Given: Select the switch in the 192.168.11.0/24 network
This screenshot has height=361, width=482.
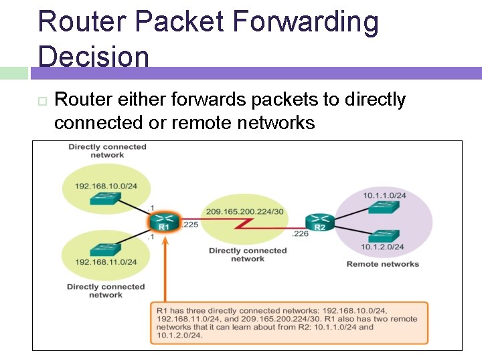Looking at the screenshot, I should (105, 249).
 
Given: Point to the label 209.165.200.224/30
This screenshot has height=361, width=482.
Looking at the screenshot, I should (246, 211).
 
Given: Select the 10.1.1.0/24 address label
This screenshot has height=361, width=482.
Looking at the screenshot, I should (384, 196).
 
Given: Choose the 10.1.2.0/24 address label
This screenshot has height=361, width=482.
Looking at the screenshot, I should (384, 247).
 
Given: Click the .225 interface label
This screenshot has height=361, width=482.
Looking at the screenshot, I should (189, 225).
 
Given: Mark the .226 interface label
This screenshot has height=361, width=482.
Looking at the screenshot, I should (300, 234).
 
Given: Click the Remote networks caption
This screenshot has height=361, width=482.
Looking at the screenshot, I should (382, 264).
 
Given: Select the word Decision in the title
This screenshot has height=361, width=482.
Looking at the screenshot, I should (94, 56).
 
